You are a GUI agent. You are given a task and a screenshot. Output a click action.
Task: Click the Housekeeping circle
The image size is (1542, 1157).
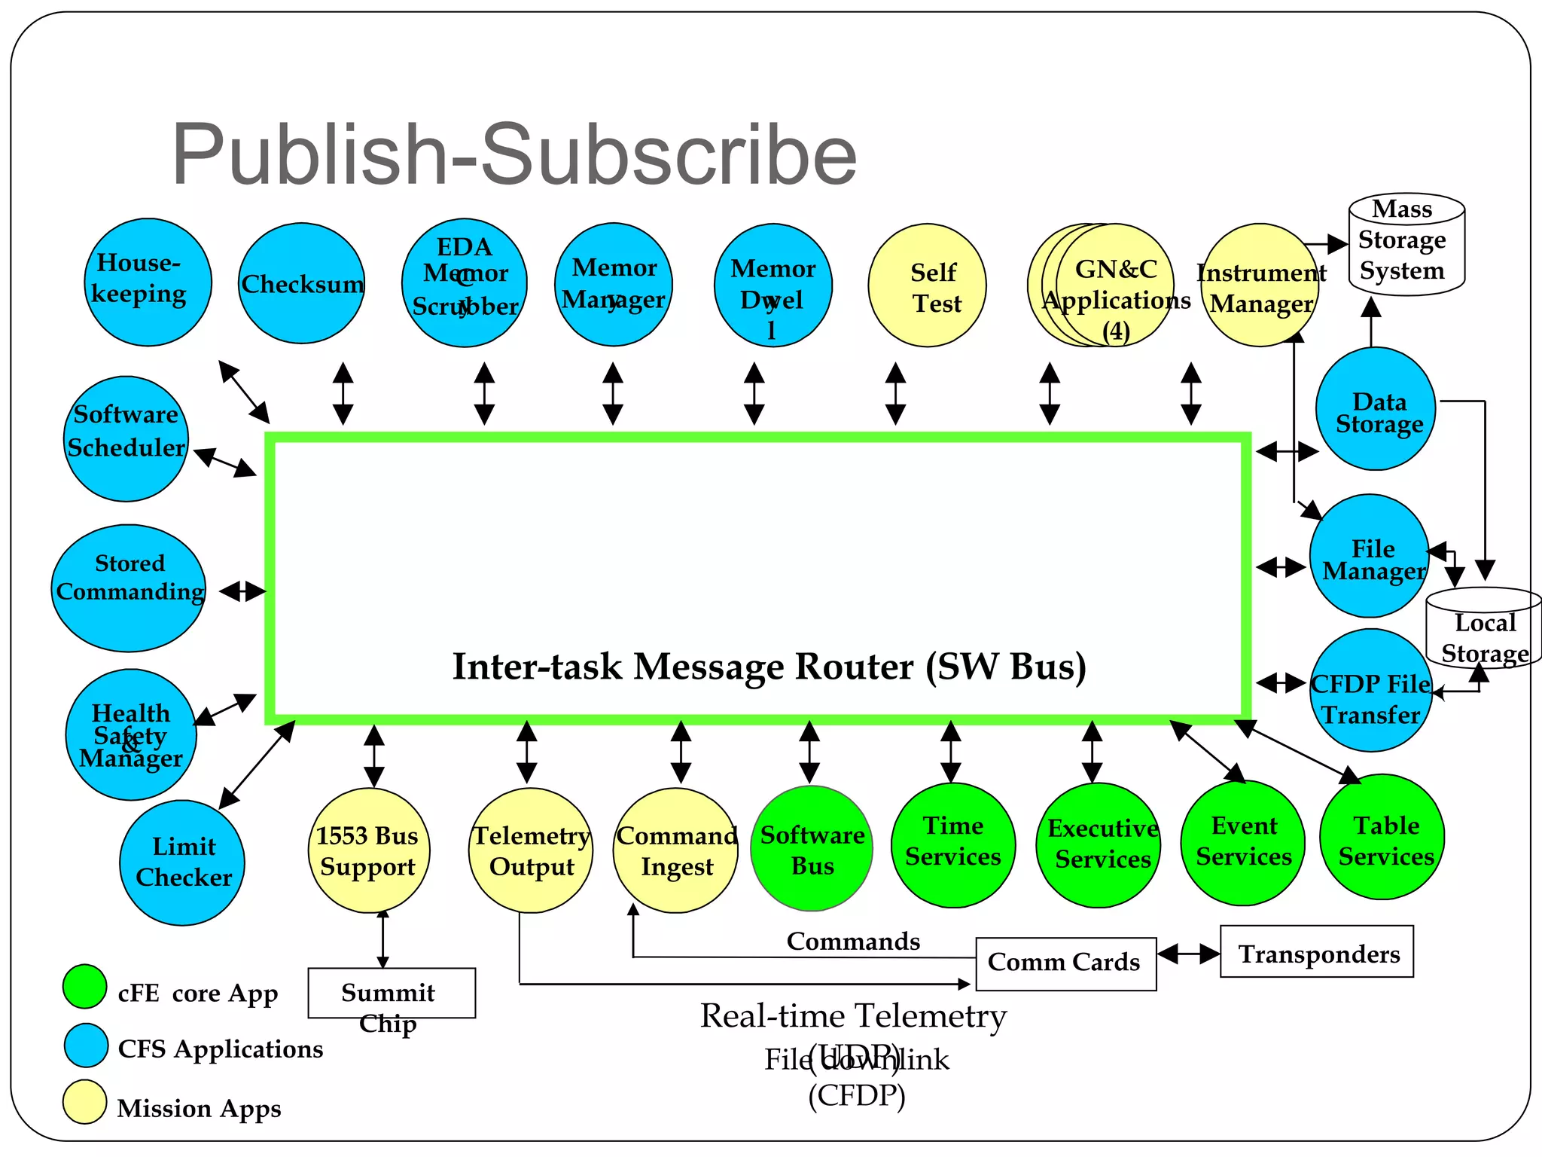click(x=148, y=282)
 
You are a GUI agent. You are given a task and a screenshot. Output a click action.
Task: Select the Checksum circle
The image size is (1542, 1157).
click(x=301, y=283)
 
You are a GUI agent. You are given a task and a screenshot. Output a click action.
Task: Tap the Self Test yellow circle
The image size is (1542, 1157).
click(x=927, y=285)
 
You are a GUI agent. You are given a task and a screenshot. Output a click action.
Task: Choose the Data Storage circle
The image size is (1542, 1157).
click(x=1376, y=409)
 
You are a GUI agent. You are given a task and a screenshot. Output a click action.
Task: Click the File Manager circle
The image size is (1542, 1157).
click(x=1370, y=556)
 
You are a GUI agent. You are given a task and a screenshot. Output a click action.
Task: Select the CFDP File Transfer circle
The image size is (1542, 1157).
click(x=1370, y=691)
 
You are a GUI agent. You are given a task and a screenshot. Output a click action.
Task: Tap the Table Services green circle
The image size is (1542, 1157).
click(x=1382, y=837)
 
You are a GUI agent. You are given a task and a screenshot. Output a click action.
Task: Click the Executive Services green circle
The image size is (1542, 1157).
click(x=1099, y=845)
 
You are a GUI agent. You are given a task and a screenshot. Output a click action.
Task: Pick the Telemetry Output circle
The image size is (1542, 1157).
click(x=531, y=850)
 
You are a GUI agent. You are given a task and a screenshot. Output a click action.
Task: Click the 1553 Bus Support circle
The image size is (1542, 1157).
click(x=369, y=850)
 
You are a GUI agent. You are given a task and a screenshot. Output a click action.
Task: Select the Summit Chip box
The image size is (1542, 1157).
click(x=392, y=994)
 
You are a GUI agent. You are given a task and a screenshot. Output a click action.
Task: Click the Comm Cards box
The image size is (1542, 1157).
click(x=1065, y=963)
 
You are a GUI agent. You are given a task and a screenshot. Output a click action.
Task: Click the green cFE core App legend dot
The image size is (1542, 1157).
click(x=85, y=987)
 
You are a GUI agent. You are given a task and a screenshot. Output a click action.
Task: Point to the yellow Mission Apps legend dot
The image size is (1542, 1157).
click(x=85, y=1102)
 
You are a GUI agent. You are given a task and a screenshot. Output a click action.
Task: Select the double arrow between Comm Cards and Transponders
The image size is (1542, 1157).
click(x=1188, y=954)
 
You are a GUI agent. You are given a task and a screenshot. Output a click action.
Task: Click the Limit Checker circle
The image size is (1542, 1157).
click(x=182, y=863)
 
